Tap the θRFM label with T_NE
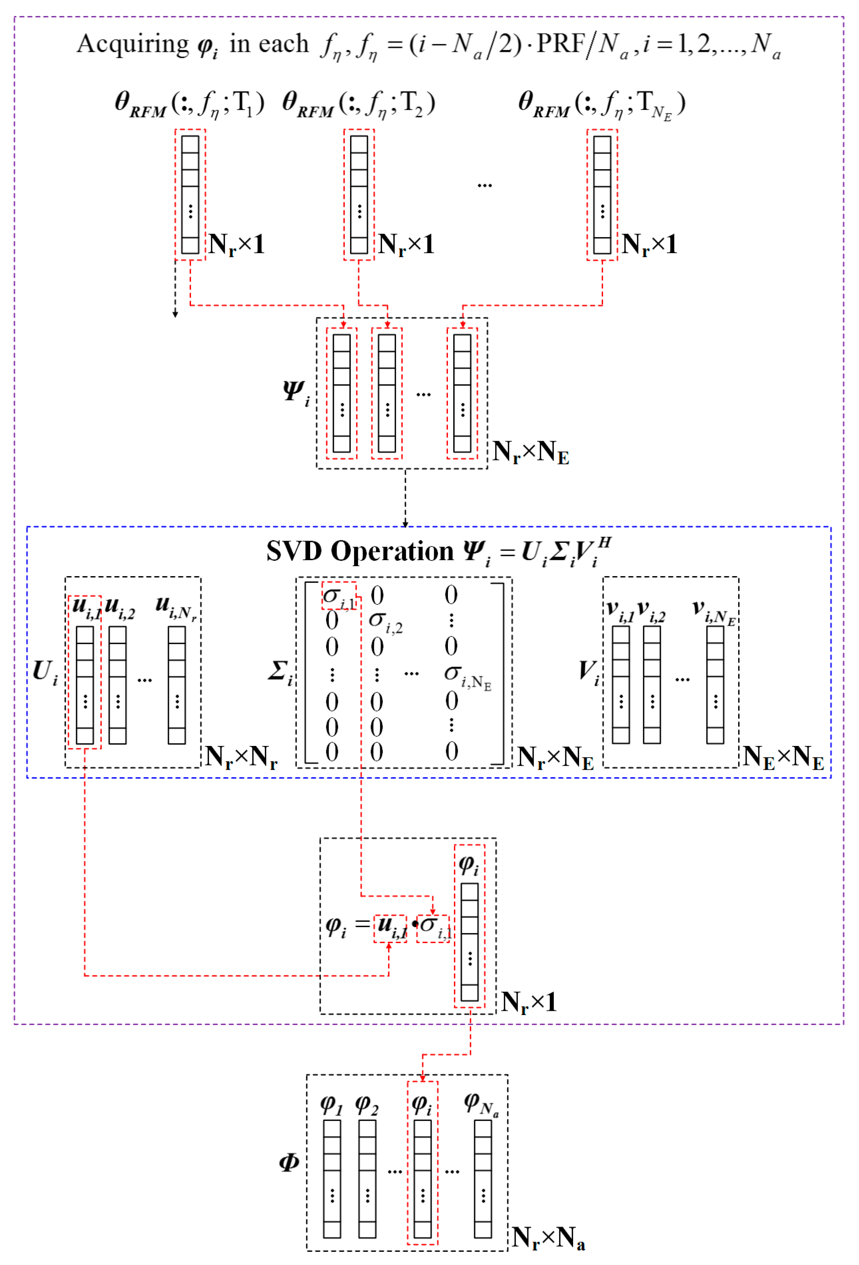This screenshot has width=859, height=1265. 601,104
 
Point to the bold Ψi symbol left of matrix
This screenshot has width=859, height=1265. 296,392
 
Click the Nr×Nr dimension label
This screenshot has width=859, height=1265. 241,757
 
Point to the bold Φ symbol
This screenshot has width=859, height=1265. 289,1162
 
